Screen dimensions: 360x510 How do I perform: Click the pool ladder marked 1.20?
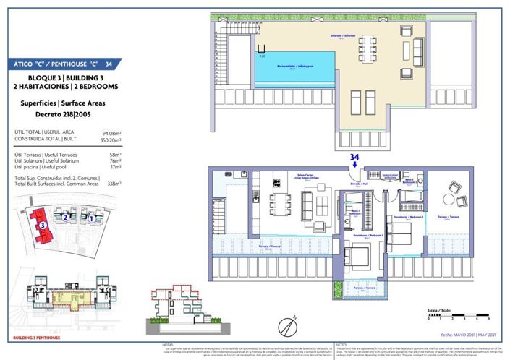[260, 51]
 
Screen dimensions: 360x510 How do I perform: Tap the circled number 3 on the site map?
[43, 224]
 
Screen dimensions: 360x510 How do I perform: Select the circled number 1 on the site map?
[91, 215]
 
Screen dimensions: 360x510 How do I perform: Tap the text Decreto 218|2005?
[60, 113]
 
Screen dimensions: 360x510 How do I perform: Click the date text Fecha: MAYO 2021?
[458, 334]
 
